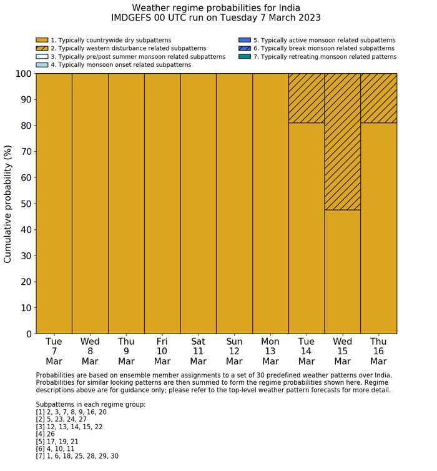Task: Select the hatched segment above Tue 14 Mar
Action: tap(307, 98)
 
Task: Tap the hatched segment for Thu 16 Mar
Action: tap(378, 98)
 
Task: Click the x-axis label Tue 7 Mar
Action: tap(54, 351)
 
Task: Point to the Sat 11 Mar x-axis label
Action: tap(198, 351)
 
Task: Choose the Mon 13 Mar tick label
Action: tap(270, 351)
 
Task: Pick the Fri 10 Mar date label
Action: tap(162, 351)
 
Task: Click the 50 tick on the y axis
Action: tap(25, 204)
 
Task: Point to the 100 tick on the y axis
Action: tap(22, 74)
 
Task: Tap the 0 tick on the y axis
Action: tap(28, 334)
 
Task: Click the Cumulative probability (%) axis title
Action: tap(8, 204)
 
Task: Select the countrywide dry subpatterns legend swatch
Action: tap(42, 40)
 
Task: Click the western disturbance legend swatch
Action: tap(42, 48)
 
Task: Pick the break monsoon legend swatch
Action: tap(245, 48)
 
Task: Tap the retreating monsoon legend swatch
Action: tap(245, 56)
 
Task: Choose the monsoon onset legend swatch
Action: tap(42, 64)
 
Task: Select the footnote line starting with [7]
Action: tap(77, 456)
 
